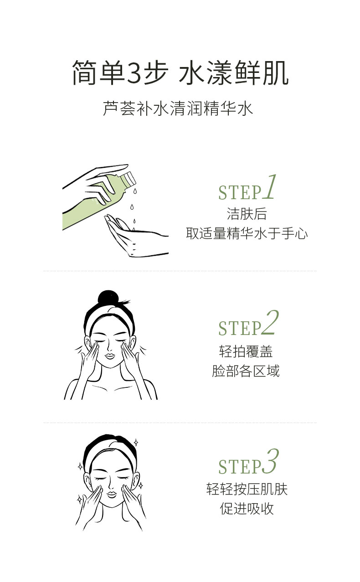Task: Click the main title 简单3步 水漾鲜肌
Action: point(180,72)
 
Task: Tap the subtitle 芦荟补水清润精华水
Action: point(178,108)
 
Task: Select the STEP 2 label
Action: point(248,323)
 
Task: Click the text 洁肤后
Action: point(247,214)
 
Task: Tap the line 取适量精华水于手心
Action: point(247,233)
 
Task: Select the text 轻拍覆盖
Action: point(246,351)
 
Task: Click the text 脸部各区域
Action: point(246,371)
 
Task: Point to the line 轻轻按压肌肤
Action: point(247,489)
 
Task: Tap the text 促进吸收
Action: point(247,509)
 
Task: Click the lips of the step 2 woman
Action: point(110,355)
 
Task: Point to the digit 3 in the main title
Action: point(134,73)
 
